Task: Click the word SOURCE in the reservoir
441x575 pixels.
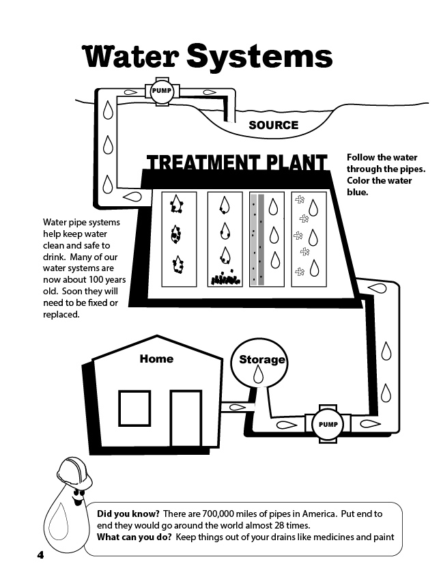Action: coord(273,125)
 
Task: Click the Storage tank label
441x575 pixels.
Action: coord(261,360)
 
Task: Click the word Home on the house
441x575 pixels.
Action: coord(156,359)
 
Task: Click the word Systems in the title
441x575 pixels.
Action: coord(259,57)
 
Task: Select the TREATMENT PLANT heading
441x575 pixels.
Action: coord(237,163)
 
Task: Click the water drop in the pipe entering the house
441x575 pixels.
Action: coord(238,408)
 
